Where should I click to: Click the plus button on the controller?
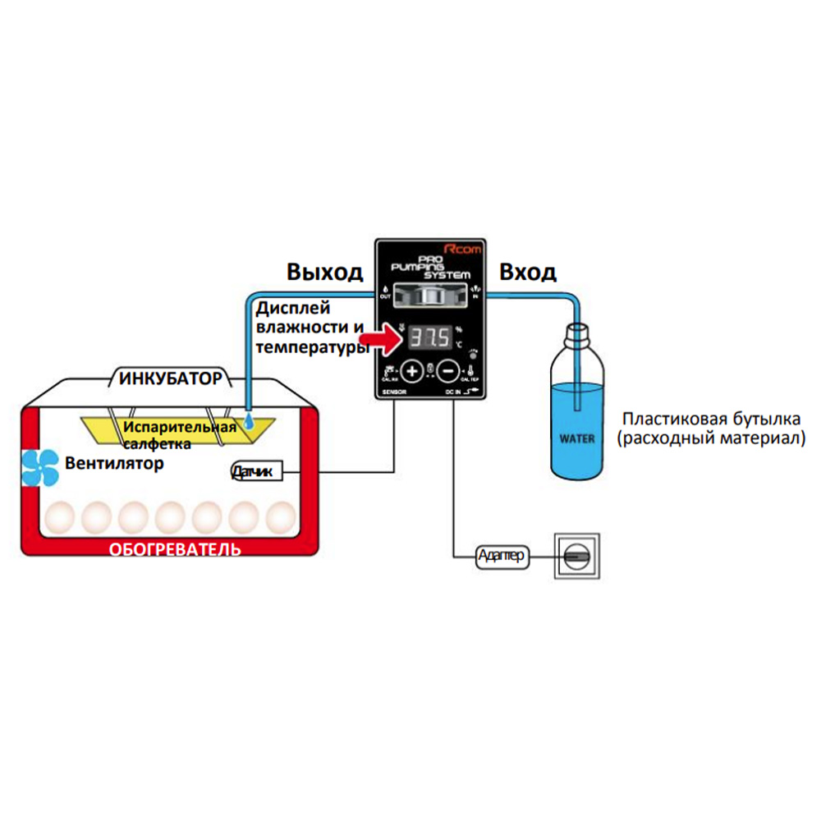click(x=413, y=370)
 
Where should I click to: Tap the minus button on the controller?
click(x=448, y=370)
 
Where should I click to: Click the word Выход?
click(x=324, y=272)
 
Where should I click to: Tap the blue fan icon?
click(x=39, y=465)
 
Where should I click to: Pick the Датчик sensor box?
click(x=257, y=471)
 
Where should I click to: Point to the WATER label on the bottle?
click(x=577, y=438)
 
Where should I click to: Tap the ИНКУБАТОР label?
click(x=170, y=378)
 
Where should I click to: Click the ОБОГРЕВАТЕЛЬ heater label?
click(x=175, y=548)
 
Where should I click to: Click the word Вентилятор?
click(x=114, y=463)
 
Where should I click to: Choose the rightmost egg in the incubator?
click(x=281, y=517)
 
